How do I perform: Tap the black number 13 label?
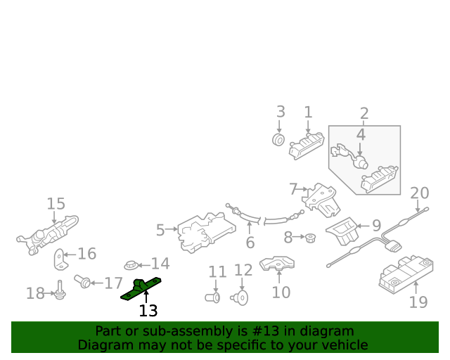(x=148, y=311)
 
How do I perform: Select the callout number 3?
(x=280, y=112)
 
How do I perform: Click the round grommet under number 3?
(x=278, y=141)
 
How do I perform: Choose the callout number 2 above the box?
(x=364, y=113)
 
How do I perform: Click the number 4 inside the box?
(x=361, y=134)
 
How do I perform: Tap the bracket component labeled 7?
(x=323, y=200)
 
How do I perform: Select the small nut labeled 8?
(x=308, y=237)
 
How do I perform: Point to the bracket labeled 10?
(x=278, y=264)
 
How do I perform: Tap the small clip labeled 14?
(x=131, y=266)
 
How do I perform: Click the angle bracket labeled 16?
(x=62, y=258)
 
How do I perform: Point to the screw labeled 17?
(x=83, y=281)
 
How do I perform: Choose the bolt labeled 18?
(x=60, y=292)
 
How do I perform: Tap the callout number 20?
(x=419, y=193)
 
